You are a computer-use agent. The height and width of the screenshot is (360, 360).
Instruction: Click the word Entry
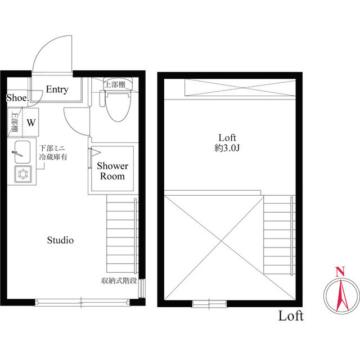[57, 89]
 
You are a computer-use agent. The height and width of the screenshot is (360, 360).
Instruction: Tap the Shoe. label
[17, 98]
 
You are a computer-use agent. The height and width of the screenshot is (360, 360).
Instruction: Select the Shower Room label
[112, 171]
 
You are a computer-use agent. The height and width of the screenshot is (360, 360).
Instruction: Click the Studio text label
[60, 240]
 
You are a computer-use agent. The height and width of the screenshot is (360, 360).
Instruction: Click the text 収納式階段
[119, 280]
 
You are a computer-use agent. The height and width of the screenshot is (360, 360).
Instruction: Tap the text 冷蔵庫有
[53, 159]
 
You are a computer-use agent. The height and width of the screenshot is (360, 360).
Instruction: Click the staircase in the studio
[121, 233]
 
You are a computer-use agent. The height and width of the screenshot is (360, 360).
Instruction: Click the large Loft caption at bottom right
[291, 316]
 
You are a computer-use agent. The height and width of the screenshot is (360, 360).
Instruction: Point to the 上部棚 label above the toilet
[118, 84]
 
